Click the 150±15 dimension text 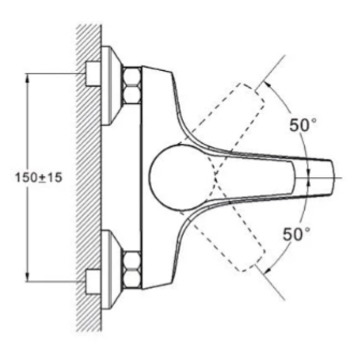coord(39,177)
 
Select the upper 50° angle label coord(302,125)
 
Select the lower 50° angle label coord(296,234)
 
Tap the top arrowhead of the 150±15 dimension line coord(27,78)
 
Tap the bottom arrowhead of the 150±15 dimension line coord(27,277)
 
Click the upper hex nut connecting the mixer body coord(132,85)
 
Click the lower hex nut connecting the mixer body coord(132,270)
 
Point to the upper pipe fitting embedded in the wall coord(92,74)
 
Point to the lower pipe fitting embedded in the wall coord(92,282)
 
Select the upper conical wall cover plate coord(111,86)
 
